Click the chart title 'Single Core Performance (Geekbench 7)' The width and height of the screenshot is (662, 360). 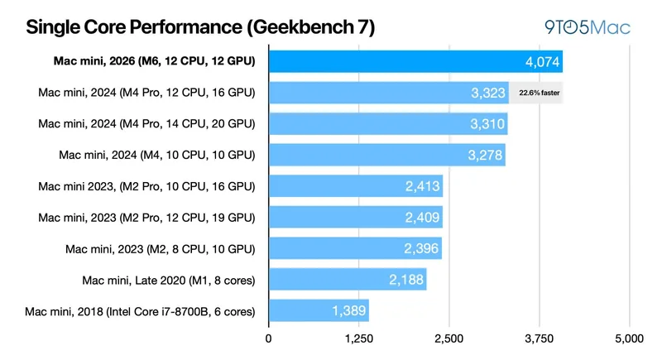200,27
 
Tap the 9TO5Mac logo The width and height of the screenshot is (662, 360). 588,28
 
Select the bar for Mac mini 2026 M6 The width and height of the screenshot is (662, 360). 416,61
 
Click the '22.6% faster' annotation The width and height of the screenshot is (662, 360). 540,93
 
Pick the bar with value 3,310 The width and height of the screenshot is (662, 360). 388,123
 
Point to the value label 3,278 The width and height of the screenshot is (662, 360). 485,155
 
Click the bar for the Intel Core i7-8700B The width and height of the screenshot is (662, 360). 319,310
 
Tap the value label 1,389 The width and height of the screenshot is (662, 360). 348,310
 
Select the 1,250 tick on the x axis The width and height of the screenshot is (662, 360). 359,338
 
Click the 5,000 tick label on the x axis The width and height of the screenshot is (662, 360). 630,338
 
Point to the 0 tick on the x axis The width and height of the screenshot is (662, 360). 268,338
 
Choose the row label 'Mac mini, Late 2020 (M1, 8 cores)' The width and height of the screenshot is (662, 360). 169,281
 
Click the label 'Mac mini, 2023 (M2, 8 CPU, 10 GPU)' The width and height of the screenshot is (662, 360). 160,249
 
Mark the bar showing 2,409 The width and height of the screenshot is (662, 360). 356,217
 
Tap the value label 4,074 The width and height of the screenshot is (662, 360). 543,61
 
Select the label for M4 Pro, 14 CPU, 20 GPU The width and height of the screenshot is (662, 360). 146,123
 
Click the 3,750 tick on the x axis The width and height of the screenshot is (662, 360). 540,338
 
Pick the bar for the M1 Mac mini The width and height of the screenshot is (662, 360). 348,280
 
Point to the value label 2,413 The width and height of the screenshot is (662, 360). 423,186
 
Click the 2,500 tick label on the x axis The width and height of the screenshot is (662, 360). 449,338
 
